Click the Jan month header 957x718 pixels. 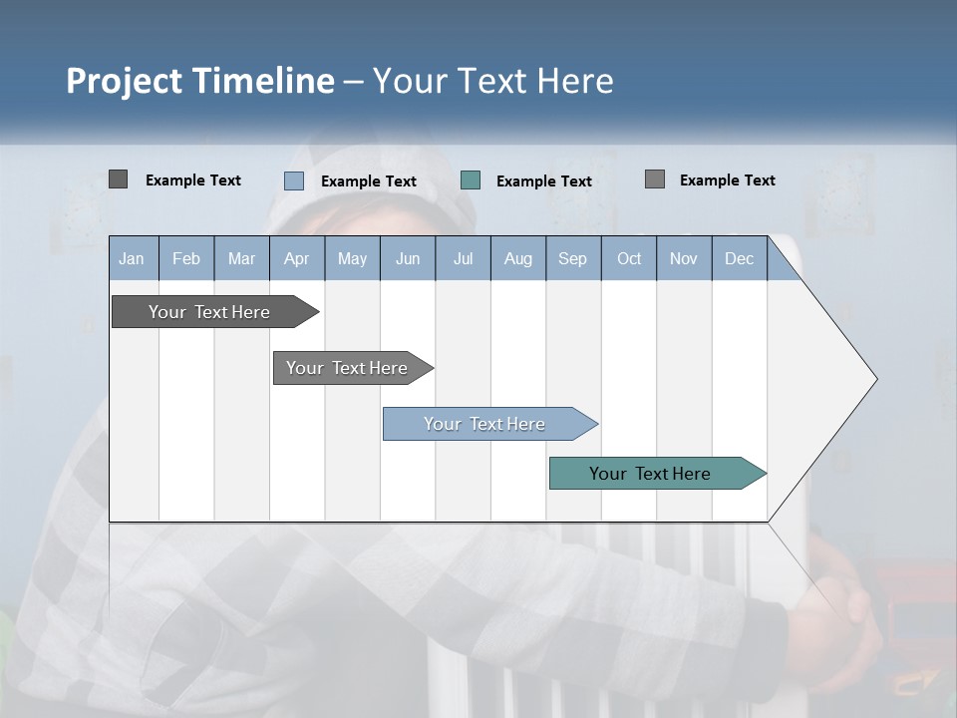pyautogui.click(x=132, y=258)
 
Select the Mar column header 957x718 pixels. pyautogui.click(x=241, y=258)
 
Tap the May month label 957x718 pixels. pyautogui.click(x=352, y=258)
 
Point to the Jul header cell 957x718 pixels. pyautogui.click(x=463, y=258)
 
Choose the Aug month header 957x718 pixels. pyautogui.click(x=517, y=258)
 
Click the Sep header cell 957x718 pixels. pyautogui.click(x=572, y=258)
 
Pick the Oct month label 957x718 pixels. pyautogui.click(x=629, y=258)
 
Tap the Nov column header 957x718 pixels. pyautogui.click(x=684, y=258)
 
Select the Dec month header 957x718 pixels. pyautogui.click(x=739, y=258)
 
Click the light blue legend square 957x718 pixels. pyautogui.click(x=294, y=180)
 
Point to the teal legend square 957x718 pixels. pyautogui.click(x=471, y=180)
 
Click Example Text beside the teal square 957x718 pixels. pyautogui.click(x=543, y=181)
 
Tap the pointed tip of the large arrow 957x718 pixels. pyautogui.click(x=873, y=379)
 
